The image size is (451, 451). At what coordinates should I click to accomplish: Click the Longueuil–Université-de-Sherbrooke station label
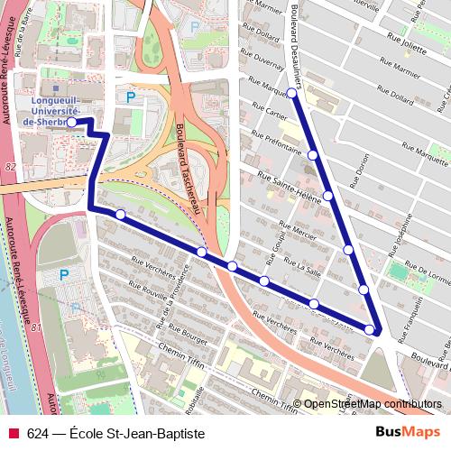tap(36, 108)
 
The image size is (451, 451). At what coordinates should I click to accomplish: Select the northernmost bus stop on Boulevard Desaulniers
tap(292, 93)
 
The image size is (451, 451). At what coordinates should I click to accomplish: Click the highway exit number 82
tap(10, 167)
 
